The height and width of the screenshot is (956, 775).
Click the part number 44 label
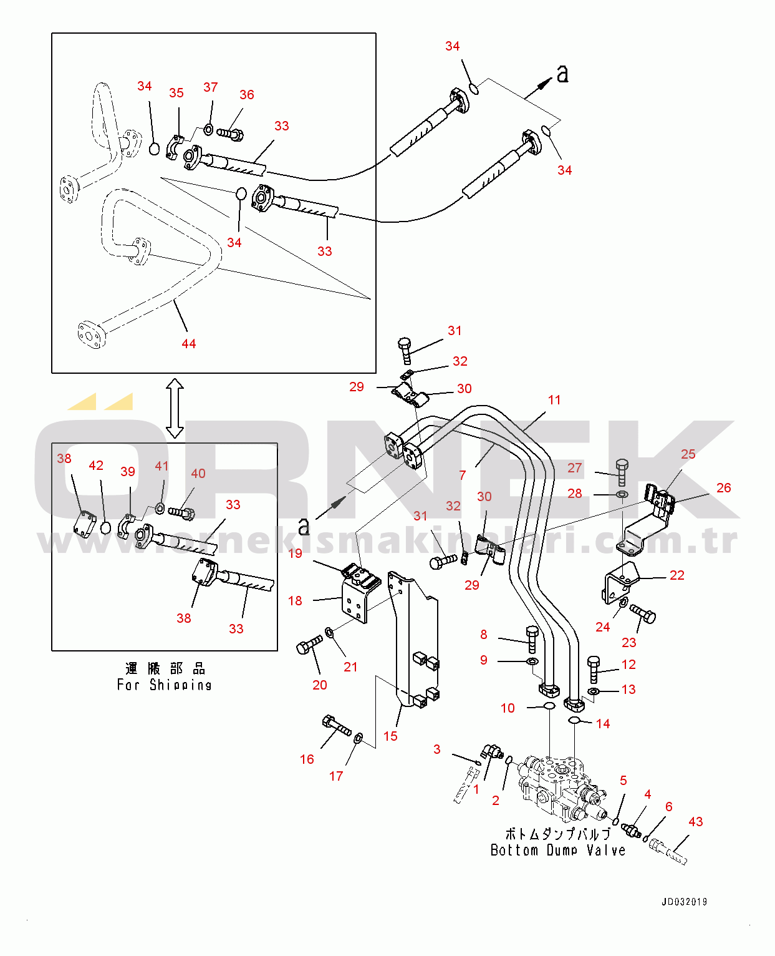coord(188,344)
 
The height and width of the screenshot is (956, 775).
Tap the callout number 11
coord(554,400)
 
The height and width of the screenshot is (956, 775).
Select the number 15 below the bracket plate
coord(390,736)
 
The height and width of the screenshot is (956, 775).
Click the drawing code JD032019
coord(684,902)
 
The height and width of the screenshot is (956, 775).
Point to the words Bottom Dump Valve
coord(557,850)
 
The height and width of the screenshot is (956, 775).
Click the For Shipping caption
coord(165,685)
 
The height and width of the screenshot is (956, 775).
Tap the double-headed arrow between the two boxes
coord(175,408)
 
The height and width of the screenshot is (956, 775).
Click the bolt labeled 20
coord(309,645)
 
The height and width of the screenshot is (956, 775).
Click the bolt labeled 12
coord(594,668)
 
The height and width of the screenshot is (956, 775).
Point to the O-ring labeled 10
coord(549,706)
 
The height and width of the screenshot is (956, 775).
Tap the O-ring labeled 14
coord(575,721)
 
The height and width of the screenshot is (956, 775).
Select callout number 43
coord(695,822)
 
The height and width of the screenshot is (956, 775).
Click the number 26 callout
coord(723,488)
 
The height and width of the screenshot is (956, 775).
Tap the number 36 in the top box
coord(247,95)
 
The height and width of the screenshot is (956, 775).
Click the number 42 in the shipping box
coord(96,466)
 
